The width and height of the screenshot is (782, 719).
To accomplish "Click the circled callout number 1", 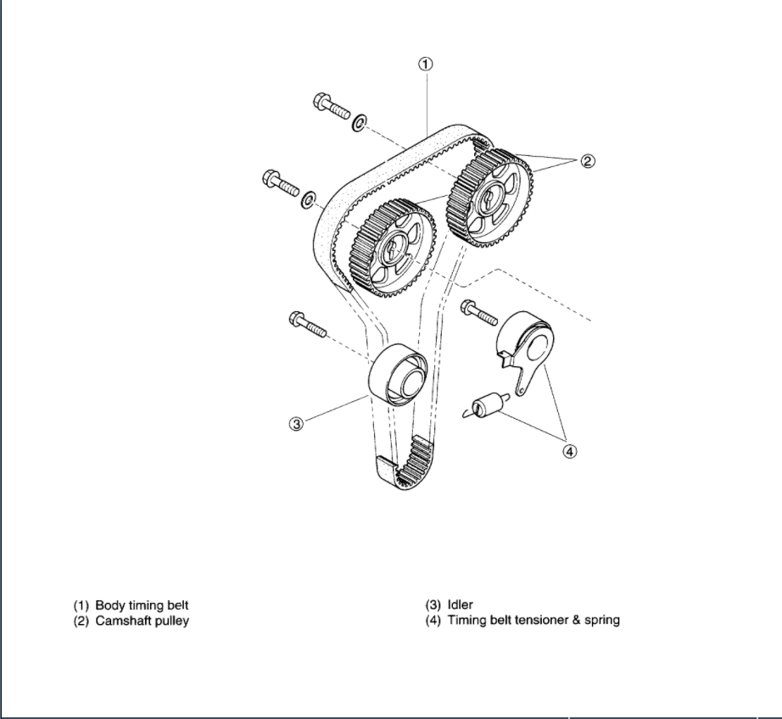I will (x=427, y=64).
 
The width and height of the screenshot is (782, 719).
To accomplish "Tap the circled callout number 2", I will (x=588, y=160).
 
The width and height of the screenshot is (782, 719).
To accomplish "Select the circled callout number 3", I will (x=296, y=424).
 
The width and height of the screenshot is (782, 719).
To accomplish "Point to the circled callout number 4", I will (x=570, y=451).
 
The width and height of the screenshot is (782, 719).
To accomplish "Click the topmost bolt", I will (x=332, y=108).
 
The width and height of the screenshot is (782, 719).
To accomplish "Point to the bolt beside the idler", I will (x=308, y=324).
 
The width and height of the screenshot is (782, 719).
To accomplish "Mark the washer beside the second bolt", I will (x=310, y=198).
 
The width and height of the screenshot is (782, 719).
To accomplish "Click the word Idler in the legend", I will (x=460, y=605).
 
